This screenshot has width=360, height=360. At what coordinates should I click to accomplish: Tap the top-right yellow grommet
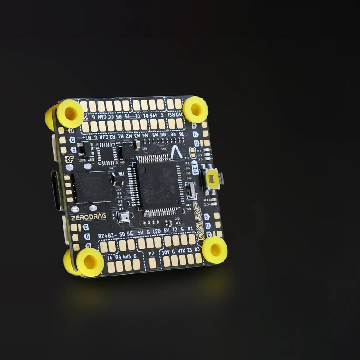[x=195, y=109]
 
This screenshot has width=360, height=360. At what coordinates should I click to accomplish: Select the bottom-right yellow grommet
[x=214, y=250]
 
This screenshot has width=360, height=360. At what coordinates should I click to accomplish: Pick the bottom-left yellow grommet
[x=90, y=262]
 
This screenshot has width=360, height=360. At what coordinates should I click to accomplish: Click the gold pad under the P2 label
[x=153, y=262]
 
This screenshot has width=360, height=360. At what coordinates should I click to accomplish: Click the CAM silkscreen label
[x=101, y=117]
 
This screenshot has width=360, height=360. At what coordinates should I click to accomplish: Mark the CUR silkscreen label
[x=101, y=136]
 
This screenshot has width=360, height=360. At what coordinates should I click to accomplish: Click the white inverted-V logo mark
[x=177, y=154]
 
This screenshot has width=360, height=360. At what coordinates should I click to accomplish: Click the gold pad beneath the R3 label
[x=198, y=259]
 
